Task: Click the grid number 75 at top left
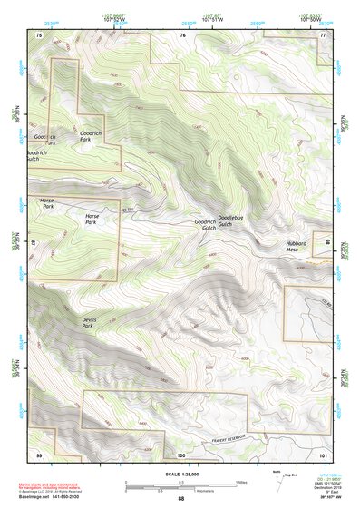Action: pyautogui.click(x=38, y=34)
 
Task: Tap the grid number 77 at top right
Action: pyautogui.click(x=324, y=34)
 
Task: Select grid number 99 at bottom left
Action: pyautogui.click(x=38, y=454)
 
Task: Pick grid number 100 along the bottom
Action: pyautogui.click(x=180, y=454)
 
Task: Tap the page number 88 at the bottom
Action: pyautogui.click(x=180, y=499)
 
